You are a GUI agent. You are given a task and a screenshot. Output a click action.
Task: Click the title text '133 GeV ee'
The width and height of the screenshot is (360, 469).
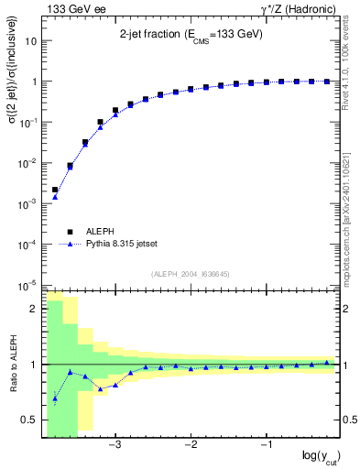[71, 9]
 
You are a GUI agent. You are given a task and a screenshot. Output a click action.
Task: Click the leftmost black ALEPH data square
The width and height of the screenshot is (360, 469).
[55, 190]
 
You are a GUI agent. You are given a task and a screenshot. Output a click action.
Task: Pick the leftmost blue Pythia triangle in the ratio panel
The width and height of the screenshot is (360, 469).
[55, 398]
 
